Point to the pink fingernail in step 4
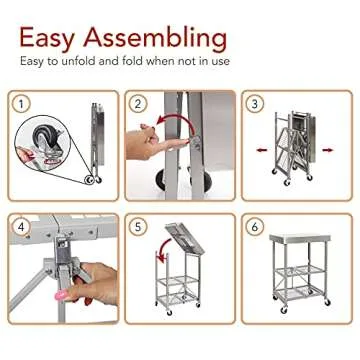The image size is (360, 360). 63,297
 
